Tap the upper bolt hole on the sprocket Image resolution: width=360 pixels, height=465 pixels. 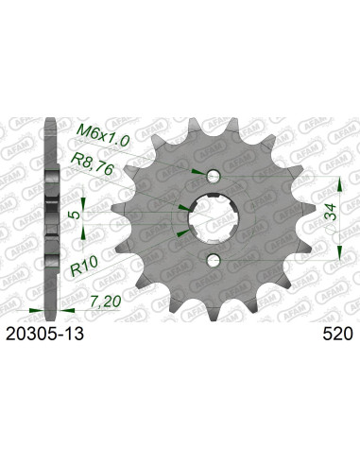pos(214,176)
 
